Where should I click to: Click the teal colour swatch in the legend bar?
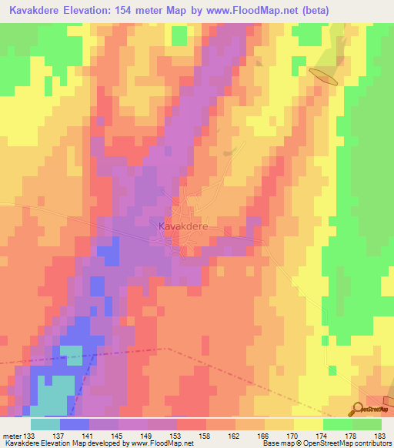[45, 424]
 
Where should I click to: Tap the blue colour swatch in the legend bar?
[74, 424]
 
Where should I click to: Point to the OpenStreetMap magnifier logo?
[359, 409]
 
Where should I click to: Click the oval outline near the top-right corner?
[323, 75]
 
